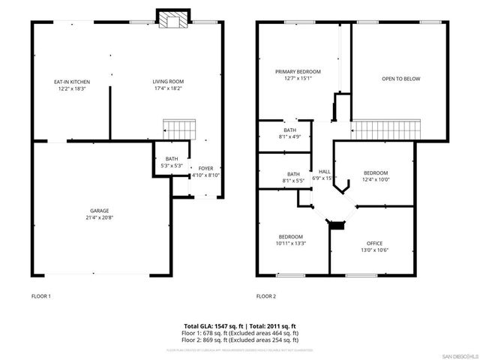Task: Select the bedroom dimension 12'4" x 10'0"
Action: click(375, 180)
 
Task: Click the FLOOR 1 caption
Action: click(40, 296)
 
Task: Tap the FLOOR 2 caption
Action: click(265, 296)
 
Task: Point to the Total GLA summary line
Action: click(241, 325)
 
